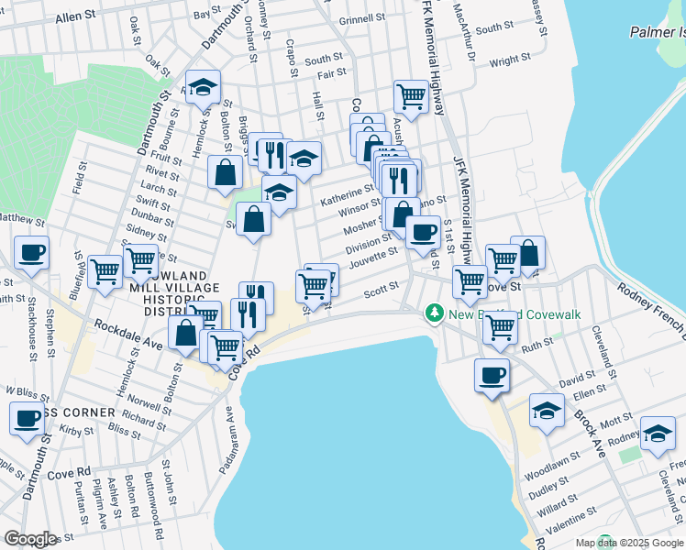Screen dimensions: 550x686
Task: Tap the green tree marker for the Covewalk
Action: [436, 314]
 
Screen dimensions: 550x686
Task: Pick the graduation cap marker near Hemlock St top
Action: [204, 86]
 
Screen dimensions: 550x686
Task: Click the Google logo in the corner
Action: [30, 539]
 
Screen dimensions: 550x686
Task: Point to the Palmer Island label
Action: [658, 33]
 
